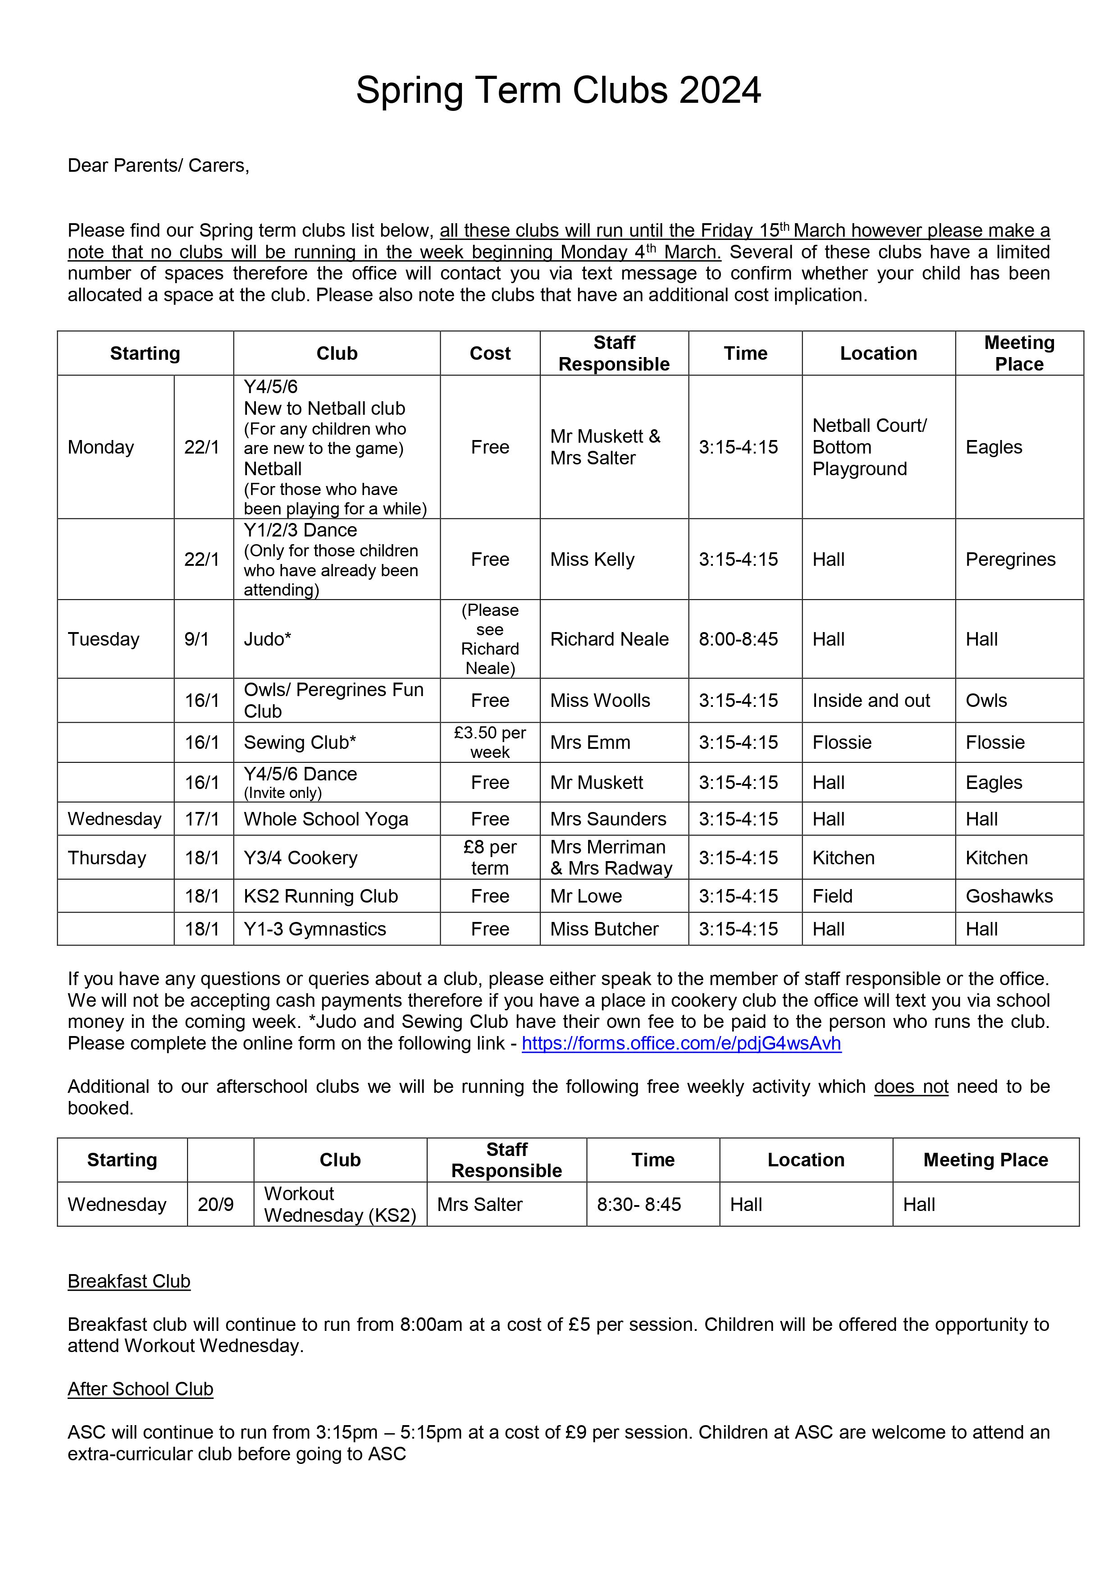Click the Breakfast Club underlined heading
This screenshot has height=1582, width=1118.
pyautogui.click(x=129, y=1281)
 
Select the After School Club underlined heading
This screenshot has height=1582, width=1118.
pyautogui.click(x=141, y=1389)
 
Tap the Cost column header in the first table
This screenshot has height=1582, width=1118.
pyautogui.click(x=490, y=353)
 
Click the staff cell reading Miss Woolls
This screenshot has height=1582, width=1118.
pyautogui.click(x=600, y=700)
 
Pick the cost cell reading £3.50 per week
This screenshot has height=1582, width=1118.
pyautogui.click(x=490, y=742)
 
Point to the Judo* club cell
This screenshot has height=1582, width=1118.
pyautogui.click(x=267, y=639)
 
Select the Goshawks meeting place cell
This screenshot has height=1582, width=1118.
pyautogui.click(x=1008, y=896)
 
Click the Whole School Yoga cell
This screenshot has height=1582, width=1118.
pyautogui.click(x=326, y=819)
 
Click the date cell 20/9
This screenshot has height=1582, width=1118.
pyautogui.click(x=215, y=1204)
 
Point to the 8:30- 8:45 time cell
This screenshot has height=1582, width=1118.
pyautogui.click(x=639, y=1204)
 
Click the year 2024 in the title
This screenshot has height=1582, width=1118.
pyautogui.click(x=719, y=90)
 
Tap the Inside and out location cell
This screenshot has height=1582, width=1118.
pyautogui.click(x=871, y=700)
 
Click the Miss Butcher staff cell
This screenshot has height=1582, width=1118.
pyautogui.click(x=604, y=929)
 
